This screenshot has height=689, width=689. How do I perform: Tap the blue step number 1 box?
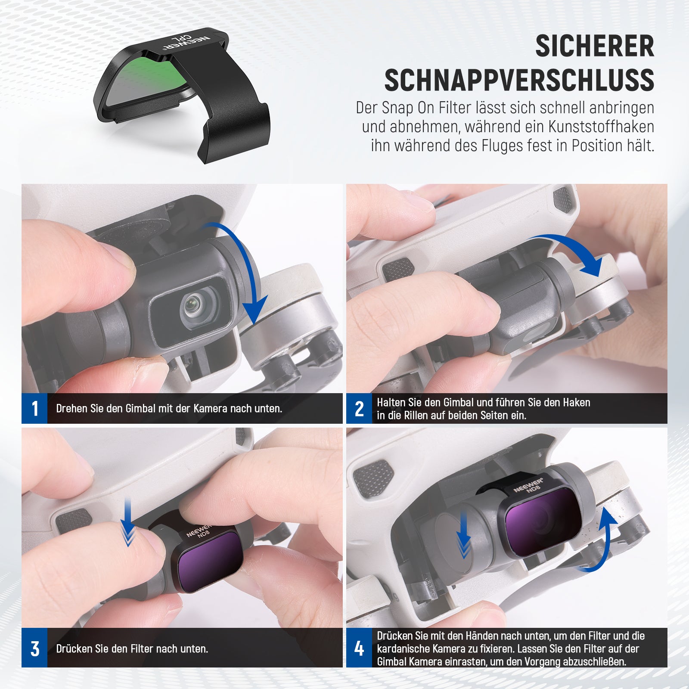point(34,408)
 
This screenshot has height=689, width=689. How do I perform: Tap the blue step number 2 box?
point(359,408)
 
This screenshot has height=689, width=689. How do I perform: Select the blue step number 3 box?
point(34,648)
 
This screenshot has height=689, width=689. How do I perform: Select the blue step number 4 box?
point(359,648)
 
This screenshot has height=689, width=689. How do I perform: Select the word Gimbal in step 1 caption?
point(140,408)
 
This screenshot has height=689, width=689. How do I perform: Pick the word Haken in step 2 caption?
point(576,402)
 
